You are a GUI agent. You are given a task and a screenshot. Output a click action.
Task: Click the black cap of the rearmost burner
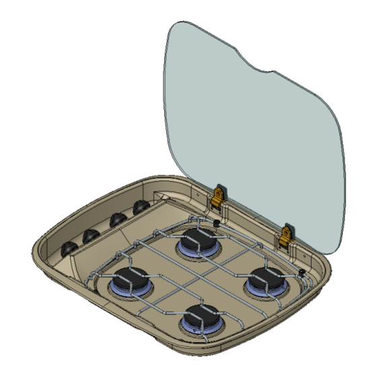point(197,239)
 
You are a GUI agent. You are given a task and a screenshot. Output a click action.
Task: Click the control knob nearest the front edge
point(69,249)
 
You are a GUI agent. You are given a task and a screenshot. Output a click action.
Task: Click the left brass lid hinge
point(217,198)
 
